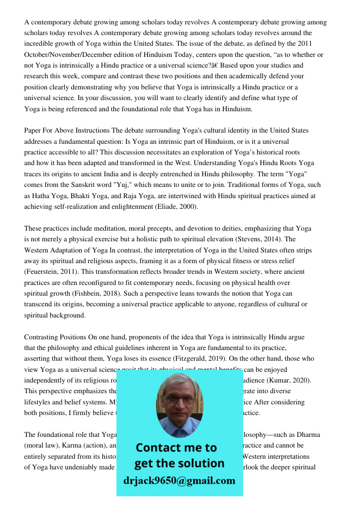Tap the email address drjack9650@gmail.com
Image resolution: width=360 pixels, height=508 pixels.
coord(179,481)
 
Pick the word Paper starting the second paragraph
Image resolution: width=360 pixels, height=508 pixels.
coord(34,131)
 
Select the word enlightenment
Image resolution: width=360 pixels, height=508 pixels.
coord(129,207)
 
